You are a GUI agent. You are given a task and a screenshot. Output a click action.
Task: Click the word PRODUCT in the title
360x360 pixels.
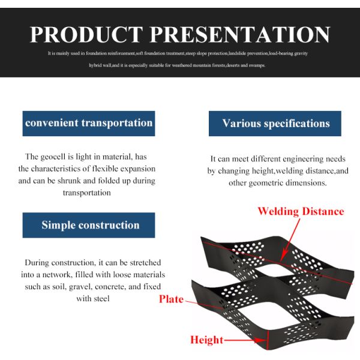coord(88,34)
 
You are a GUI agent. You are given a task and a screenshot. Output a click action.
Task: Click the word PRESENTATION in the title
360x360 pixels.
coord(240,34)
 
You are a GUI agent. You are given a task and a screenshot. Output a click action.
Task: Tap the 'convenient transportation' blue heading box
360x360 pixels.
coord(89,123)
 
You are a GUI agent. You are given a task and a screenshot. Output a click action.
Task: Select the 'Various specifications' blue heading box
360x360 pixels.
coord(275,124)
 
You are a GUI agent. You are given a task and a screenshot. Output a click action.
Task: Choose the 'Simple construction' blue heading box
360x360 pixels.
coord(90,225)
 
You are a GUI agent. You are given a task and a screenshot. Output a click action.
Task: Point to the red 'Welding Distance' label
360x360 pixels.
coord(301,211)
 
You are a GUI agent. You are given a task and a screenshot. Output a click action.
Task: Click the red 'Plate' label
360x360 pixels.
coord(171,299)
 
